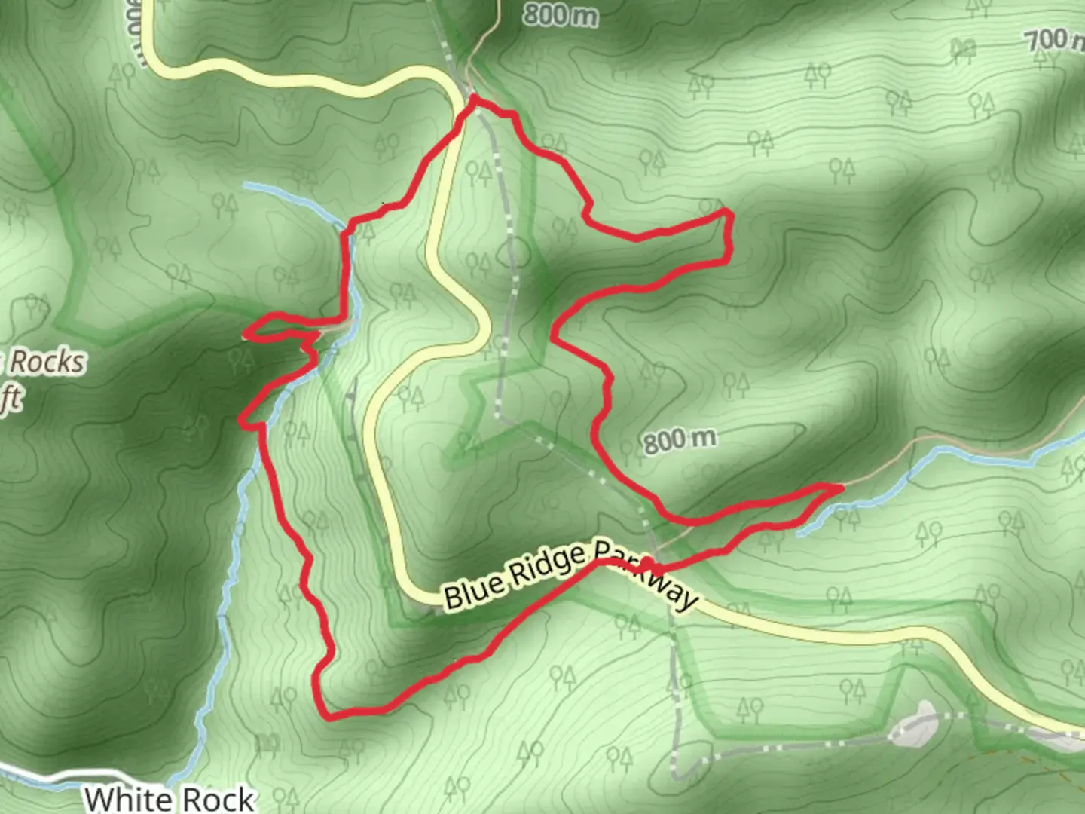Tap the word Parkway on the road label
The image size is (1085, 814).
648,577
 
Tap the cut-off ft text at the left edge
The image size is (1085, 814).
11,399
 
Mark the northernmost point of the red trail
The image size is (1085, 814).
474,98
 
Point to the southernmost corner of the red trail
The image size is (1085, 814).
329,717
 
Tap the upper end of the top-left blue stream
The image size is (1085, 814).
247,185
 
